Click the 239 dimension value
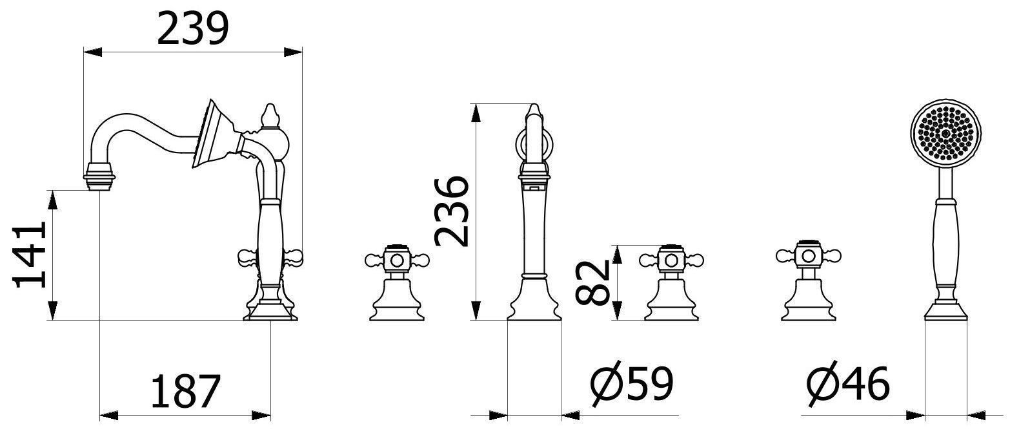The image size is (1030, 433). tap(193, 29)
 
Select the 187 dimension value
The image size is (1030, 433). tap(186, 391)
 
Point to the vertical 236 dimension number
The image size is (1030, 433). tap(452, 211)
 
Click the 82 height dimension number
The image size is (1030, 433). tap(592, 283)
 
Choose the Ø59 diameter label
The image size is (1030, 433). tap(632, 384)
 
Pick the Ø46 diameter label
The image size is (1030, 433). tap(849, 384)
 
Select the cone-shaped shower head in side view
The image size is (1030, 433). tap(216, 134)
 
